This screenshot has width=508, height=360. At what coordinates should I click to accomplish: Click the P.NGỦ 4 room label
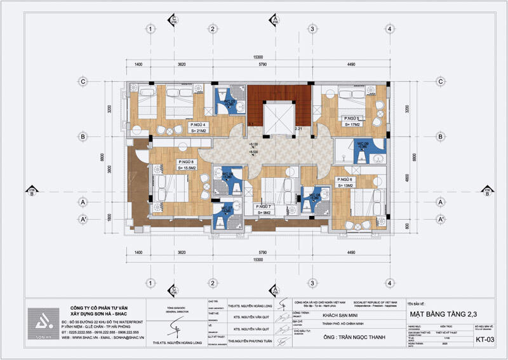tap(197, 124)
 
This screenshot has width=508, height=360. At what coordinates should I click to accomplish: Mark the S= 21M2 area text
tap(197, 131)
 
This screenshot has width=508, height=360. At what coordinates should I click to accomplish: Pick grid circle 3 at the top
tap(312, 29)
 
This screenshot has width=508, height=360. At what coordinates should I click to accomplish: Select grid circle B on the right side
tap(438, 136)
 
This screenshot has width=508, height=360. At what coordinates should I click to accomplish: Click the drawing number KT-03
tap(486, 341)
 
